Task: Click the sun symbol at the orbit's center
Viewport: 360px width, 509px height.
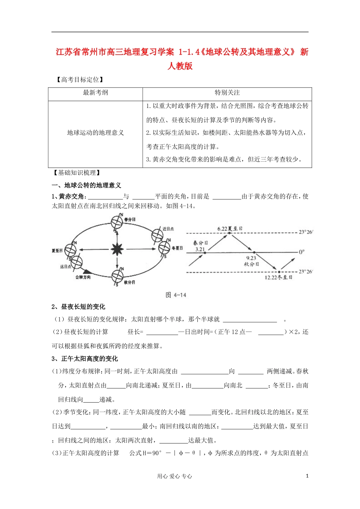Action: click(x=117, y=249)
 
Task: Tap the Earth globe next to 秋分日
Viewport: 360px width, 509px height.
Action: click(x=117, y=276)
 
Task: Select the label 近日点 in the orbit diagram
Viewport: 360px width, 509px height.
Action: click(x=168, y=229)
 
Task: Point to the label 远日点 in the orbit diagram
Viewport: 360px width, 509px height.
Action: click(x=66, y=267)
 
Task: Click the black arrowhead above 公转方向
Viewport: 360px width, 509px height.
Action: click(x=87, y=271)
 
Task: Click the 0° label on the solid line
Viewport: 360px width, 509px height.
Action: click(x=302, y=252)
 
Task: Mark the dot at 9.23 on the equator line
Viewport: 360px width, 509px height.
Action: click(x=254, y=252)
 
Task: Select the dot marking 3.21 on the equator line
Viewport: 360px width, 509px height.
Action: click(x=205, y=252)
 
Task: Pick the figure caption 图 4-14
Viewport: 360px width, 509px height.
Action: click(x=176, y=295)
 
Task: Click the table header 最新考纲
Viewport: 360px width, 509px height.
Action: click(x=95, y=93)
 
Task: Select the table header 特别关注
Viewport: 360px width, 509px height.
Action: click(x=227, y=93)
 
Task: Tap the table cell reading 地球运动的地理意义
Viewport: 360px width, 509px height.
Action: click(x=95, y=133)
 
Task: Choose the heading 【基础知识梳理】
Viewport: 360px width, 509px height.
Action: click(x=77, y=173)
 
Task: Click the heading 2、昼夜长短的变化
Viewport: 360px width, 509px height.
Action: click(x=78, y=307)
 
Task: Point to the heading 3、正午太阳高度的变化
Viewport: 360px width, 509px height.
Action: click(x=85, y=359)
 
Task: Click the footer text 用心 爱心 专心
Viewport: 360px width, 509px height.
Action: click(x=175, y=476)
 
